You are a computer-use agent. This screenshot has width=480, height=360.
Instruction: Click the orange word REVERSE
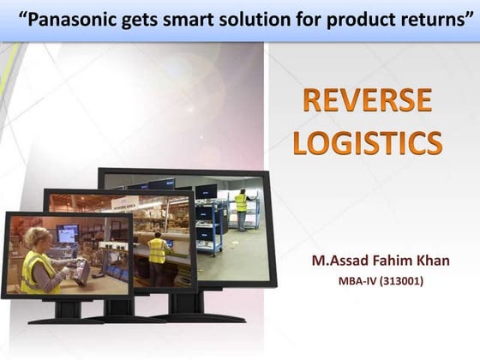click(x=367, y=101)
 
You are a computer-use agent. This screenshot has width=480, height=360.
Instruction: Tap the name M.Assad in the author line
click(x=340, y=260)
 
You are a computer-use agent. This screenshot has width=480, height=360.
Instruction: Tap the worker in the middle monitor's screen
click(x=157, y=249)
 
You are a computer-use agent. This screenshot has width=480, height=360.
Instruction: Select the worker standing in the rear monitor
click(x=241, y=206)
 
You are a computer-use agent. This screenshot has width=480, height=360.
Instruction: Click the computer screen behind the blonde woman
click(x=68, y=234)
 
